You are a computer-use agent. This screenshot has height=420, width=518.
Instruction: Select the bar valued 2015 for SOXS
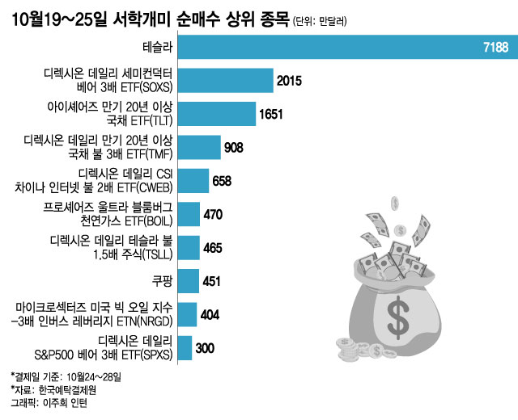point(224,81)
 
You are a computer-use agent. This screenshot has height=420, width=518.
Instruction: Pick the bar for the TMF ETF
point(197,147)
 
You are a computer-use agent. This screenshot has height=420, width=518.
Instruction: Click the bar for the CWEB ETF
point(192,180)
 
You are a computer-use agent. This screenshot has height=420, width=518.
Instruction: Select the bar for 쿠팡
point(187,280)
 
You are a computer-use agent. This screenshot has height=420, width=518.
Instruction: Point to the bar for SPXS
point(184,347)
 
